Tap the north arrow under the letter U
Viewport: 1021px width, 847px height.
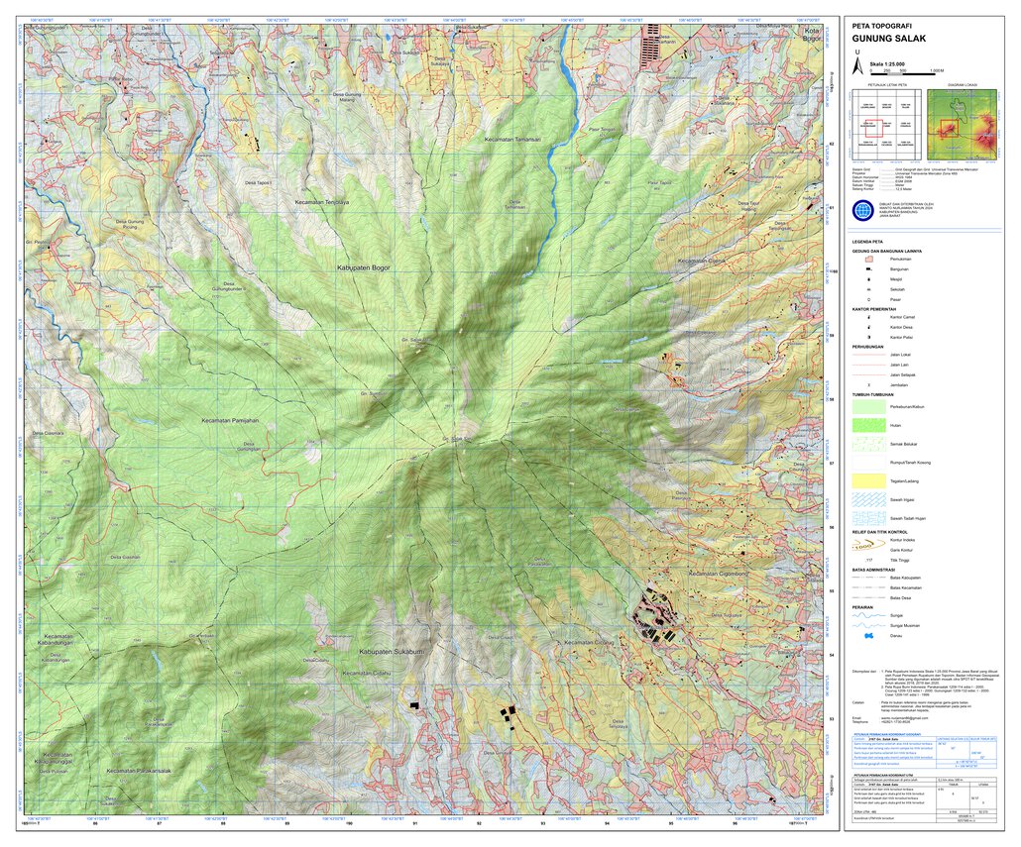(857, 65)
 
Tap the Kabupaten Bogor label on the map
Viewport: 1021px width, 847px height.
(362, 268)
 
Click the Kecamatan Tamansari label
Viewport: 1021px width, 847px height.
(511, 140)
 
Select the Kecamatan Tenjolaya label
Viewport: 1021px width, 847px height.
(322, 202)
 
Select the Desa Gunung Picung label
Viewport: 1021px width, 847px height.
(130, 224)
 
